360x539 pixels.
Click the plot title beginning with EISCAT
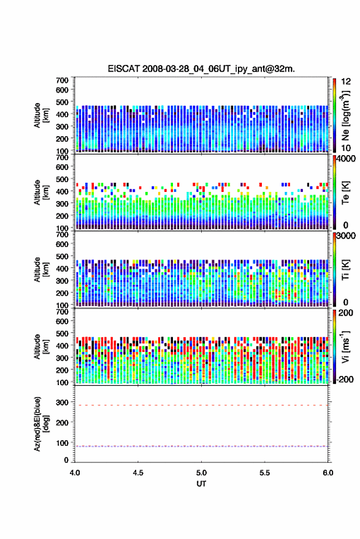click(x=201, y=69)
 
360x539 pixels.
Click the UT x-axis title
click(x=201, y=484)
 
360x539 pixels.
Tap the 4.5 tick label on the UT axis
click(x=138, y=473)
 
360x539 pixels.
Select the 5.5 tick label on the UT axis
click(x=264, y=473)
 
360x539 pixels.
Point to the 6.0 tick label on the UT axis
click(x=327, y=473)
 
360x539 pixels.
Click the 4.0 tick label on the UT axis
click(x=75, y=473)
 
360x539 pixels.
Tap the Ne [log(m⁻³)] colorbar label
click(x=345, y=115)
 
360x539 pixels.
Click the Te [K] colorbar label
click(x=345, y=193)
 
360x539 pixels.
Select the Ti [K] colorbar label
click(x=345, y=270)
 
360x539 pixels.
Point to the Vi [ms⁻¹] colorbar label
click(x=345, y=346)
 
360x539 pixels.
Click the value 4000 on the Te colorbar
click(x=346, y=159)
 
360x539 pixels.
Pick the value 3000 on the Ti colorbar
click(x=346, y=236)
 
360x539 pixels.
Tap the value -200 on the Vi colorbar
click(x=345, y=379)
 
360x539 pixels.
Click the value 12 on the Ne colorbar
click(x=346, y=82)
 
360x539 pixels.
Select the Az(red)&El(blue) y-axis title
click(x=41, y=424)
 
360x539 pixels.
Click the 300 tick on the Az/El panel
click(x=62, y=402)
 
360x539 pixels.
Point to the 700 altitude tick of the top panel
click(x=62, y=80)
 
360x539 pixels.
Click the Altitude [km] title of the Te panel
click(x=41, y=193)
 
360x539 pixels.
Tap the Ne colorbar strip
click(x=334, y=115)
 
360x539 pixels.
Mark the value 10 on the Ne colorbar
click(x=346, y=148)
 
